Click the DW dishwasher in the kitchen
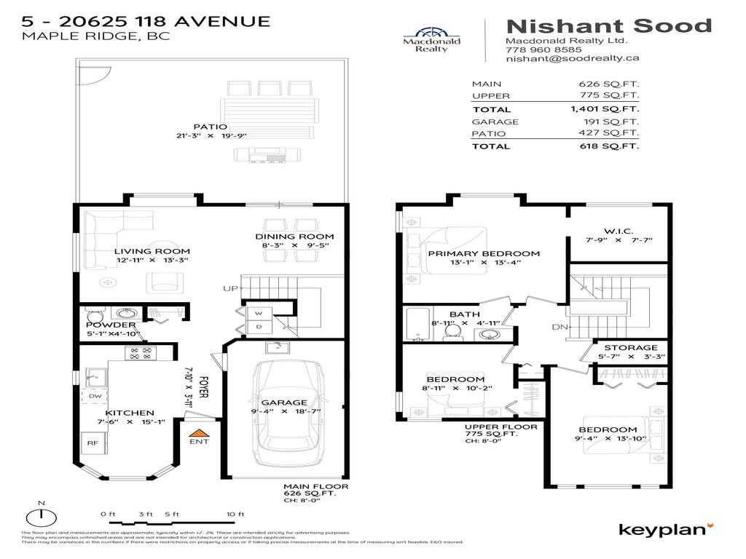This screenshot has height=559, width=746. coord(95,396)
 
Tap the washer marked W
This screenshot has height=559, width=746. coord(259,314)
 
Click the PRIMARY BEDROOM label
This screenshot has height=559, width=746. coord(484,253)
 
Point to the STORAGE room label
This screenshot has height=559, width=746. coord(630,347)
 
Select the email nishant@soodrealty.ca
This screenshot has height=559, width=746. coord(572,60)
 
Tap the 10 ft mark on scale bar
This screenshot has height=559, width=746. coord(235,515)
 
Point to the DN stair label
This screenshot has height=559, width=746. coord(559,327)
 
